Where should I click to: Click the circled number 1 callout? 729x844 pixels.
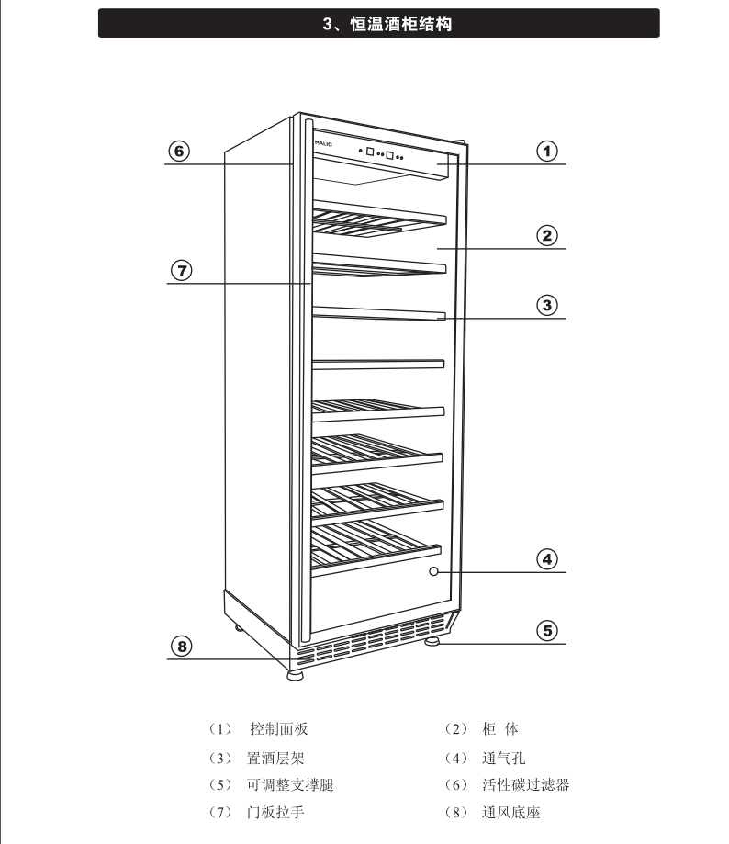tap(547, 150)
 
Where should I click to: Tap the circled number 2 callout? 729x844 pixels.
tap(547, 235)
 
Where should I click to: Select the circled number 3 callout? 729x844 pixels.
tap(547, 304)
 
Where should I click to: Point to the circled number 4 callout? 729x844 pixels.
tap(547, 558)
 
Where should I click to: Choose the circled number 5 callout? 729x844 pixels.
tap(547, 630)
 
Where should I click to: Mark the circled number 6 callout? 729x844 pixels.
tap(180, 150)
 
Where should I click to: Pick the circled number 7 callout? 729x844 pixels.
tap(181, 270)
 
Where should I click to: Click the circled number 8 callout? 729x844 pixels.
tap(182, 647)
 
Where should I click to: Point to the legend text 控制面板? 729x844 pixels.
tap(278, 729)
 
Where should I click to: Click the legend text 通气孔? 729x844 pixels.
tap(503, 758)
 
